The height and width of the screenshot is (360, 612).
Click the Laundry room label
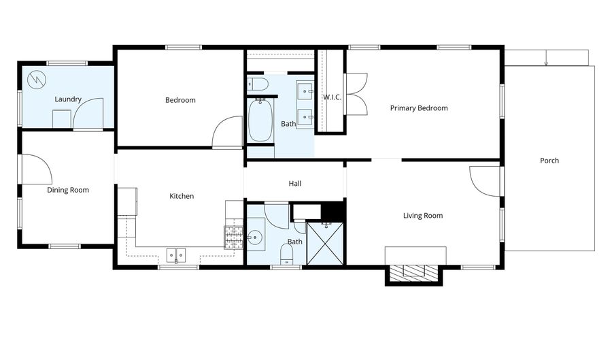click(68, 99)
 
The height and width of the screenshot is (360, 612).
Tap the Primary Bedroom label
click(419, 108)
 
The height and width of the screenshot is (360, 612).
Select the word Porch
click(549, 161)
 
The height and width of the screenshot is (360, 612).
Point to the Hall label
click(295, 184)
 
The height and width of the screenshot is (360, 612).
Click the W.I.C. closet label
click(332, 97)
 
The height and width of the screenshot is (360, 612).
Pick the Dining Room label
click(68, 190)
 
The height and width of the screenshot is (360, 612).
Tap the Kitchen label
click(182, 196)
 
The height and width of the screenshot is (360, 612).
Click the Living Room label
click(423, 216)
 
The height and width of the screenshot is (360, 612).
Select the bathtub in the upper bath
click(260, 120)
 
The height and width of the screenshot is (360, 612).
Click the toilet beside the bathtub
click(258, 84)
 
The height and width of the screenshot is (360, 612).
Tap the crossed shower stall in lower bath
click(325, 244)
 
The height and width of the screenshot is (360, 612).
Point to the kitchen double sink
click(176, 255)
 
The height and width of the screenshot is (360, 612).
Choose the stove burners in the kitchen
click(234, 238)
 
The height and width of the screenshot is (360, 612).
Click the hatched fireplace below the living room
click(413, 271)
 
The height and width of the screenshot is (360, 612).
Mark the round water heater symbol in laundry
click(37, 80)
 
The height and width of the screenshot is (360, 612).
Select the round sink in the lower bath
click(255, 237)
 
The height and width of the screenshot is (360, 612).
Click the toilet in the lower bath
click(287, 254)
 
